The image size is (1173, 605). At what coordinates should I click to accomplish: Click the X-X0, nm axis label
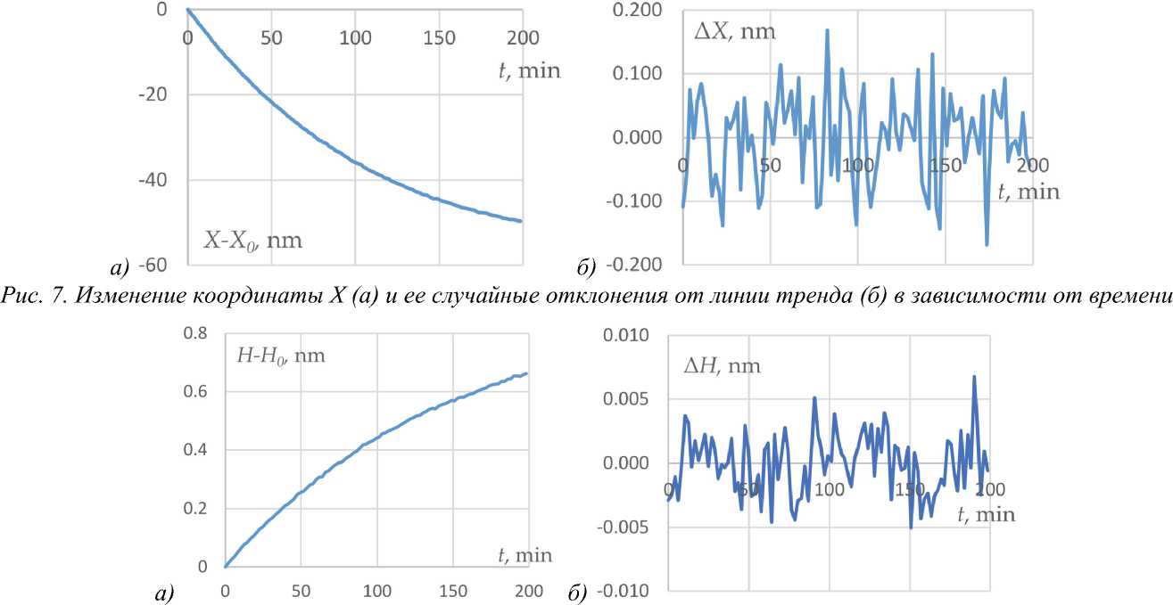click(x=253, y=240)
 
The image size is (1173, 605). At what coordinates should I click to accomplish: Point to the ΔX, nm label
click(x=734, y=33)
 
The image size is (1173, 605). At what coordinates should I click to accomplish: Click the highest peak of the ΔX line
click(x=827, y=30)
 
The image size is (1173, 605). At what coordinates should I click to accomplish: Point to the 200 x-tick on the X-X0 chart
click(x=523, y=38)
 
